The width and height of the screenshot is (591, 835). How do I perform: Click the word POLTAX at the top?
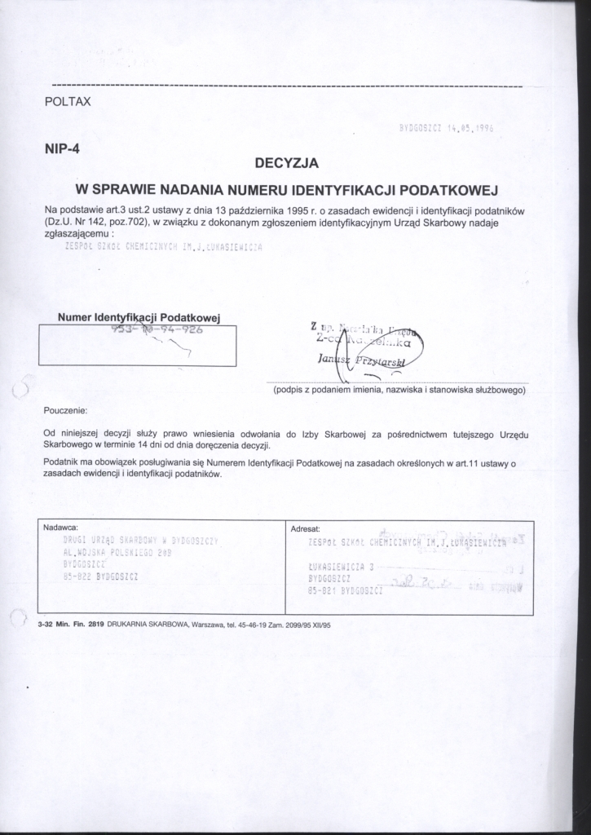tap(68, 102)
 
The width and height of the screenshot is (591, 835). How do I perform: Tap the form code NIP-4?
tap(63, 149)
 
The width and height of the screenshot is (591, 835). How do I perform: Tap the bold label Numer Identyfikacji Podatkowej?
tap(139, 316)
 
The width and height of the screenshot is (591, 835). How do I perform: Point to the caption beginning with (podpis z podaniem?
tap(399, 390)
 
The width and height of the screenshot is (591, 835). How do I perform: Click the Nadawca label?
tap(64, 528)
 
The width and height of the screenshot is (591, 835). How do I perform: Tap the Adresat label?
tap(306, 528)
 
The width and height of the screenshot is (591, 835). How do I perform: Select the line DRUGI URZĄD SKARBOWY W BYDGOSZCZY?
tap(143, 540)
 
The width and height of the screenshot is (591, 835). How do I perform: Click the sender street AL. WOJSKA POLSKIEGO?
tap(116, 552)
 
